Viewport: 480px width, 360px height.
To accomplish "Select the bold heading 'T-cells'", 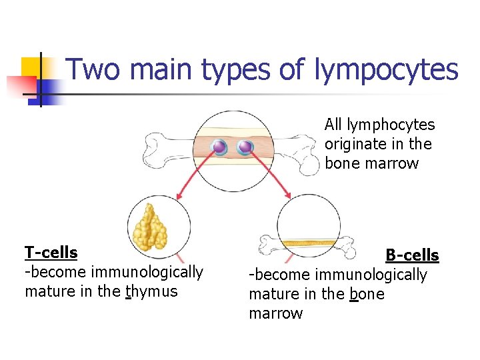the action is (51, 253).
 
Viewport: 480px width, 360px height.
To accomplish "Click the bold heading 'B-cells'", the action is (412, 255).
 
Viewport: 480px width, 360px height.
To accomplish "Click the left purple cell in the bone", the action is (219, 147).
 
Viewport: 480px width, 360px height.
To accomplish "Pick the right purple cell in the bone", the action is (245, 147).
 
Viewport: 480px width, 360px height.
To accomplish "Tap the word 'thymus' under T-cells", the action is (152, 291).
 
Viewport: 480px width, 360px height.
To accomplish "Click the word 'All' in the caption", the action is (333, 125).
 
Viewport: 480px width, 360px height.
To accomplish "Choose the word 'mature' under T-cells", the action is (47, 291).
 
